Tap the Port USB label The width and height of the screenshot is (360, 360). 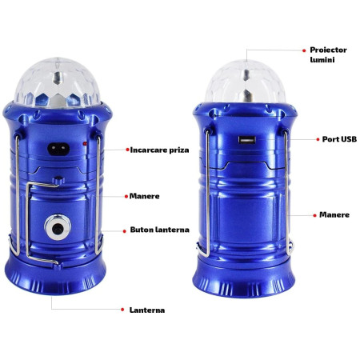pos(338,138)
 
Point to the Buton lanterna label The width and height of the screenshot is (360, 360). pos(159,230)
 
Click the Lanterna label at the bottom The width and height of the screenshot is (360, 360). pos(147,309)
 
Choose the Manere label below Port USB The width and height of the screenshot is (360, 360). pos(334,214)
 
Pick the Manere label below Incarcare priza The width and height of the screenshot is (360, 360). pos(144,195)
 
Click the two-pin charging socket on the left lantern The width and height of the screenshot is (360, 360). pos(60,146)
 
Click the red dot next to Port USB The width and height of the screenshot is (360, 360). pos(314,138)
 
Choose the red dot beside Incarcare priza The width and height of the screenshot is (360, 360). pos(126,150)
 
